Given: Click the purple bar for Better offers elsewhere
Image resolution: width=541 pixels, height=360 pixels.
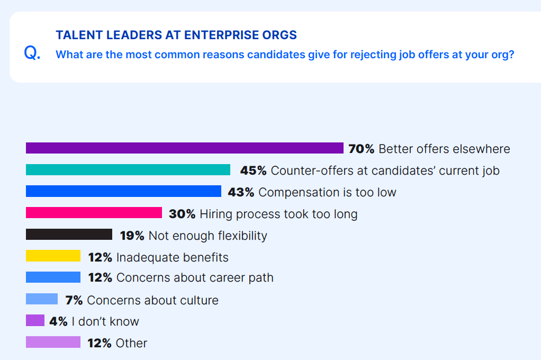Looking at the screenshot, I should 185,148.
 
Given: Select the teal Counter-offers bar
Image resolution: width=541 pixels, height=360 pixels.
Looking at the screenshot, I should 128,170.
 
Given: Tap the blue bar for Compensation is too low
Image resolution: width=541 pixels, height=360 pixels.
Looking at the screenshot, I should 123,191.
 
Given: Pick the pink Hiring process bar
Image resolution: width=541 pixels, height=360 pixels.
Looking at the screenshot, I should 94,213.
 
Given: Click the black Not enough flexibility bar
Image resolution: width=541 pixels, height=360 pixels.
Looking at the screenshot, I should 69,235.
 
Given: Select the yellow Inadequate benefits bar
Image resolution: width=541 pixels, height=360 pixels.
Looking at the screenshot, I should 53,256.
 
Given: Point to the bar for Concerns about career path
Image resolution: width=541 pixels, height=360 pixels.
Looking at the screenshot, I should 53,277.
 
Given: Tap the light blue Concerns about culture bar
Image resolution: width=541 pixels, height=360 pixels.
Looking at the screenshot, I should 42,299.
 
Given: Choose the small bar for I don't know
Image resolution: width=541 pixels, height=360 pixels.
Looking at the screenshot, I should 35,321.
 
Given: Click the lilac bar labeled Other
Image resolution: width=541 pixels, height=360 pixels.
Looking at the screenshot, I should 53,343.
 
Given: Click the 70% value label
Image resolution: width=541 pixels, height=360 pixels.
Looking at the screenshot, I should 362,149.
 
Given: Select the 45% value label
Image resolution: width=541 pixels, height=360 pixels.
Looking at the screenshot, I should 253,170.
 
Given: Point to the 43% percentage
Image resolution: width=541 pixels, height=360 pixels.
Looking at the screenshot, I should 241,192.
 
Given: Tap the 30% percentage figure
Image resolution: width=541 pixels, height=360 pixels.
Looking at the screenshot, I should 182,214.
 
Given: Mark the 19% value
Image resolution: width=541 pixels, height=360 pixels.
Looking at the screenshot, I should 132,236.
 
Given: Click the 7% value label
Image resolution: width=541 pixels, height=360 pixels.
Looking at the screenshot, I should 74,300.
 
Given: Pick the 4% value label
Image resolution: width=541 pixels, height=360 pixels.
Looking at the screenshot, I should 58,321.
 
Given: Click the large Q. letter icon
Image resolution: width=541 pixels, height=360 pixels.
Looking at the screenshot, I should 32,53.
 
